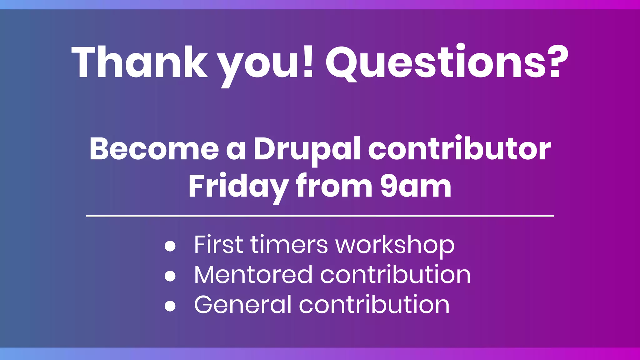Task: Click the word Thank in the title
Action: [139, 62]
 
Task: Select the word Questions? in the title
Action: [447, 62]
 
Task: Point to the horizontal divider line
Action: [320, 216]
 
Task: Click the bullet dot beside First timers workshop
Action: [170, 246]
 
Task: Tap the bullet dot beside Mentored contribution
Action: [170, 276]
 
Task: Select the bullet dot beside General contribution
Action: [170, 306]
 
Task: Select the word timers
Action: [289, 244]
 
